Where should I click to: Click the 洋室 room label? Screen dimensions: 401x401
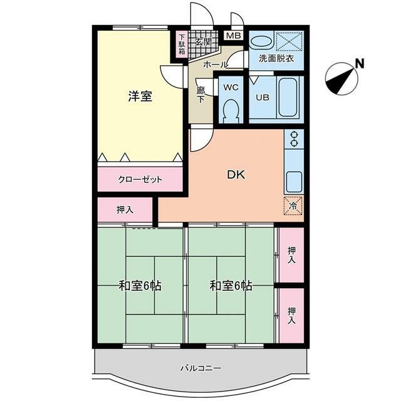[140, 96]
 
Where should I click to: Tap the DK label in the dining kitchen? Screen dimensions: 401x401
[236, 175]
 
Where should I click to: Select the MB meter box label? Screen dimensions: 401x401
[234, 36]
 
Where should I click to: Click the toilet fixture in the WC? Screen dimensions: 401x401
[231, 111]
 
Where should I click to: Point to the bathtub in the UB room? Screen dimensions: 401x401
[288, 97]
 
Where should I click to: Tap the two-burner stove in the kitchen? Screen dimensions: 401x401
[294, 139]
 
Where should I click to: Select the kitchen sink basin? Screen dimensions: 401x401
[294, 182]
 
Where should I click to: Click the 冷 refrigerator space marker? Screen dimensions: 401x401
[294, 206]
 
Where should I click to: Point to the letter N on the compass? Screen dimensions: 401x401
[360, 63]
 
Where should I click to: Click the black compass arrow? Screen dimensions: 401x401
[341, 80]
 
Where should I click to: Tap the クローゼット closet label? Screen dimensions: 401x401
[140, 179]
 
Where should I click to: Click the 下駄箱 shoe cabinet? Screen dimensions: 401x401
[182, 44]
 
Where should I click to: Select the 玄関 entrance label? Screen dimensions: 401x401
[203, 42]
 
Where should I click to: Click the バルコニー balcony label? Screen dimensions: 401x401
[201, 368]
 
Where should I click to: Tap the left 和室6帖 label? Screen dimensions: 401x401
[140, 286]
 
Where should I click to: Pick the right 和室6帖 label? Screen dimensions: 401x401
[231, 286]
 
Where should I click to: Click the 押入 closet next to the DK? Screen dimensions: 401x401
[125, 210]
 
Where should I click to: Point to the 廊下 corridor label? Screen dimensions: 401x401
[200, 95]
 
